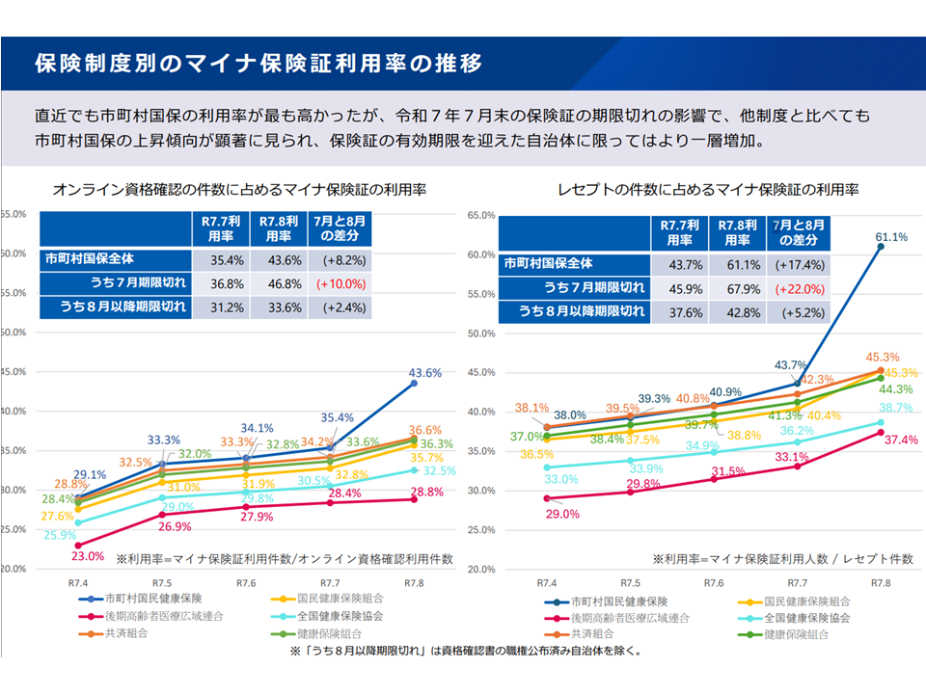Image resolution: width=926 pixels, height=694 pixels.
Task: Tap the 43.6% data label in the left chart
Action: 424,372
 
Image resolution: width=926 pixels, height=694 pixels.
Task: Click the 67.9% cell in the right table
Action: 738,287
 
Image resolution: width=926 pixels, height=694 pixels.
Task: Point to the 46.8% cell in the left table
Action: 279,283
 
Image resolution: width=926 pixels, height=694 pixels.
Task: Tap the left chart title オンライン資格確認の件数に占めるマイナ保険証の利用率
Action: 240,188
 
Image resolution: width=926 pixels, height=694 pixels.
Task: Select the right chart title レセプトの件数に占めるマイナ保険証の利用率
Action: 708,188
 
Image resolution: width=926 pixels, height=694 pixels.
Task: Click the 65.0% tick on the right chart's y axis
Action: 479,215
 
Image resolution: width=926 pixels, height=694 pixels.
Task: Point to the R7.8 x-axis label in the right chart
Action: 881,583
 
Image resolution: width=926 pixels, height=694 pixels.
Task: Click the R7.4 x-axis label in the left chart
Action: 77,583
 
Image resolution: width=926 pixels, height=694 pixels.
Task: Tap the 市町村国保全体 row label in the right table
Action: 548,263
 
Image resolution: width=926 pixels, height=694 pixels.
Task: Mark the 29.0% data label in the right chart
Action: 561,514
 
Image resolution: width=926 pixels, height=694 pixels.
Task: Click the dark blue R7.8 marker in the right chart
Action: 881,247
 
